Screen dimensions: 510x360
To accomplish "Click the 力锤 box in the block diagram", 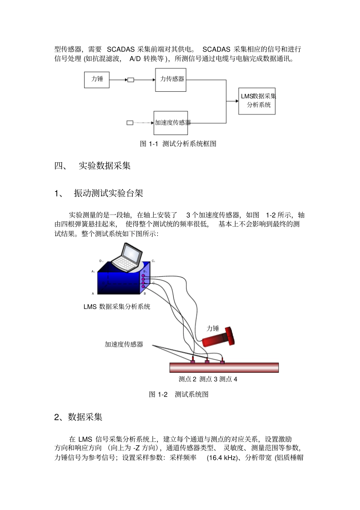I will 97,80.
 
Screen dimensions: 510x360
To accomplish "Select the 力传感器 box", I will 171,80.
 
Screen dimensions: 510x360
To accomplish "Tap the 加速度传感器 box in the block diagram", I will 171,123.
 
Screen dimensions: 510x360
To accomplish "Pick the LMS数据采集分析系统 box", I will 257,101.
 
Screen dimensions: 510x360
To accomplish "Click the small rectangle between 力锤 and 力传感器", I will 131,80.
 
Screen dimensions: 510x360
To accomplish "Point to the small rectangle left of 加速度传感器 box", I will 130,123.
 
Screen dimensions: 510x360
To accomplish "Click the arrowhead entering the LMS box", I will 237,101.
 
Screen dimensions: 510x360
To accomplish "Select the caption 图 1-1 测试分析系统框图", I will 178,144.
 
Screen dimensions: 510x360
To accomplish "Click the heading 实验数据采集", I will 105,166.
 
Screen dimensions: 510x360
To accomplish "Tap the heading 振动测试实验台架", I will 108,193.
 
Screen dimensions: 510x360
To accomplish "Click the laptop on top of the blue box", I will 127,258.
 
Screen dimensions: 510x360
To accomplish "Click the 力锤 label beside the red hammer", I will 213,328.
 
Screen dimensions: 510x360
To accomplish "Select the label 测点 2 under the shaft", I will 187,379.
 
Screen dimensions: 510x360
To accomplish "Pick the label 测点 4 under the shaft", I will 228,379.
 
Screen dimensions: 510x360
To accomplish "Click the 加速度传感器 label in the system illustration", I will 124,344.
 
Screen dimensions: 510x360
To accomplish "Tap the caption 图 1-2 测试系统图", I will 178,394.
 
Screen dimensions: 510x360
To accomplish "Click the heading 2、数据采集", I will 78,417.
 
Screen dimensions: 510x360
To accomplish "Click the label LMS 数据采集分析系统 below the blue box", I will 117,307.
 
